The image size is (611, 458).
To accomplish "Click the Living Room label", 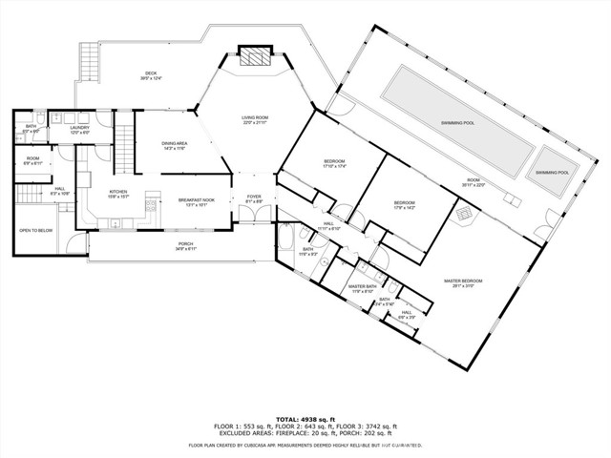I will (254, 119).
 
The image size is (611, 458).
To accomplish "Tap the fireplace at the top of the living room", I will (254, 57).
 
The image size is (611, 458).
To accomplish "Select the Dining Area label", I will (175, 145).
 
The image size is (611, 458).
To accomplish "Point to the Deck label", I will (151, 74).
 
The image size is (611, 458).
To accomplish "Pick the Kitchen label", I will (118, 194).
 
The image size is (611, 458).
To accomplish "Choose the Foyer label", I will (254, 198).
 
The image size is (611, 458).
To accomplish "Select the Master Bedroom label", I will (463, 281).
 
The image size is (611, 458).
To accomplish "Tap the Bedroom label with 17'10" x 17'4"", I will (334, 162).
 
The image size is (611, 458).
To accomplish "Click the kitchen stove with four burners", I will (150, 203).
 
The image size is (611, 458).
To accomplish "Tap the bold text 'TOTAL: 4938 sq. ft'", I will (305, 419).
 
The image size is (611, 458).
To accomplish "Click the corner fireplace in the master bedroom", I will (465, 218).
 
